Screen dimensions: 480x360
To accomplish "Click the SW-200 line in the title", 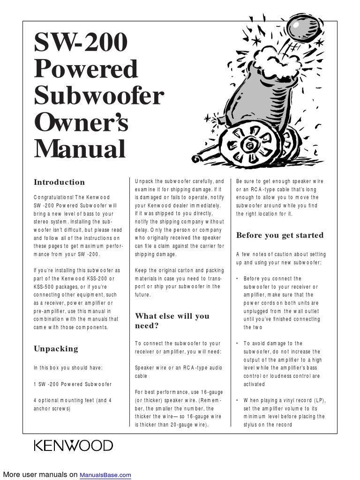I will point(81,43).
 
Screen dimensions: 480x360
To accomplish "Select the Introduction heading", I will point(59,182).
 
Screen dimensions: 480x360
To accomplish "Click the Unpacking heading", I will point(56,349).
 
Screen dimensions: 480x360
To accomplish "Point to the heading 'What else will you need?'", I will point(172,321).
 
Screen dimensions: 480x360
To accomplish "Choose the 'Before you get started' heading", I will point(280,235).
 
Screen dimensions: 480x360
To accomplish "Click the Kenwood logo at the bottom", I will point(73,445).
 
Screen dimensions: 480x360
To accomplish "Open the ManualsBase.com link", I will point(105,475).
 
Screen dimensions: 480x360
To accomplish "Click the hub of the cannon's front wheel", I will point(251,146).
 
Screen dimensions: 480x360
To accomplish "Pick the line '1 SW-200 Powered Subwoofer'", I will point(73,384).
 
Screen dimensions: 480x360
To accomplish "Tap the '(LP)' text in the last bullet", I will point(319,401).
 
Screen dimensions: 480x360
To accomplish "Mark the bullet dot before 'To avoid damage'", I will point(237,344).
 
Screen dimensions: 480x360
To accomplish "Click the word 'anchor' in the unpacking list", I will point(43,409).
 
